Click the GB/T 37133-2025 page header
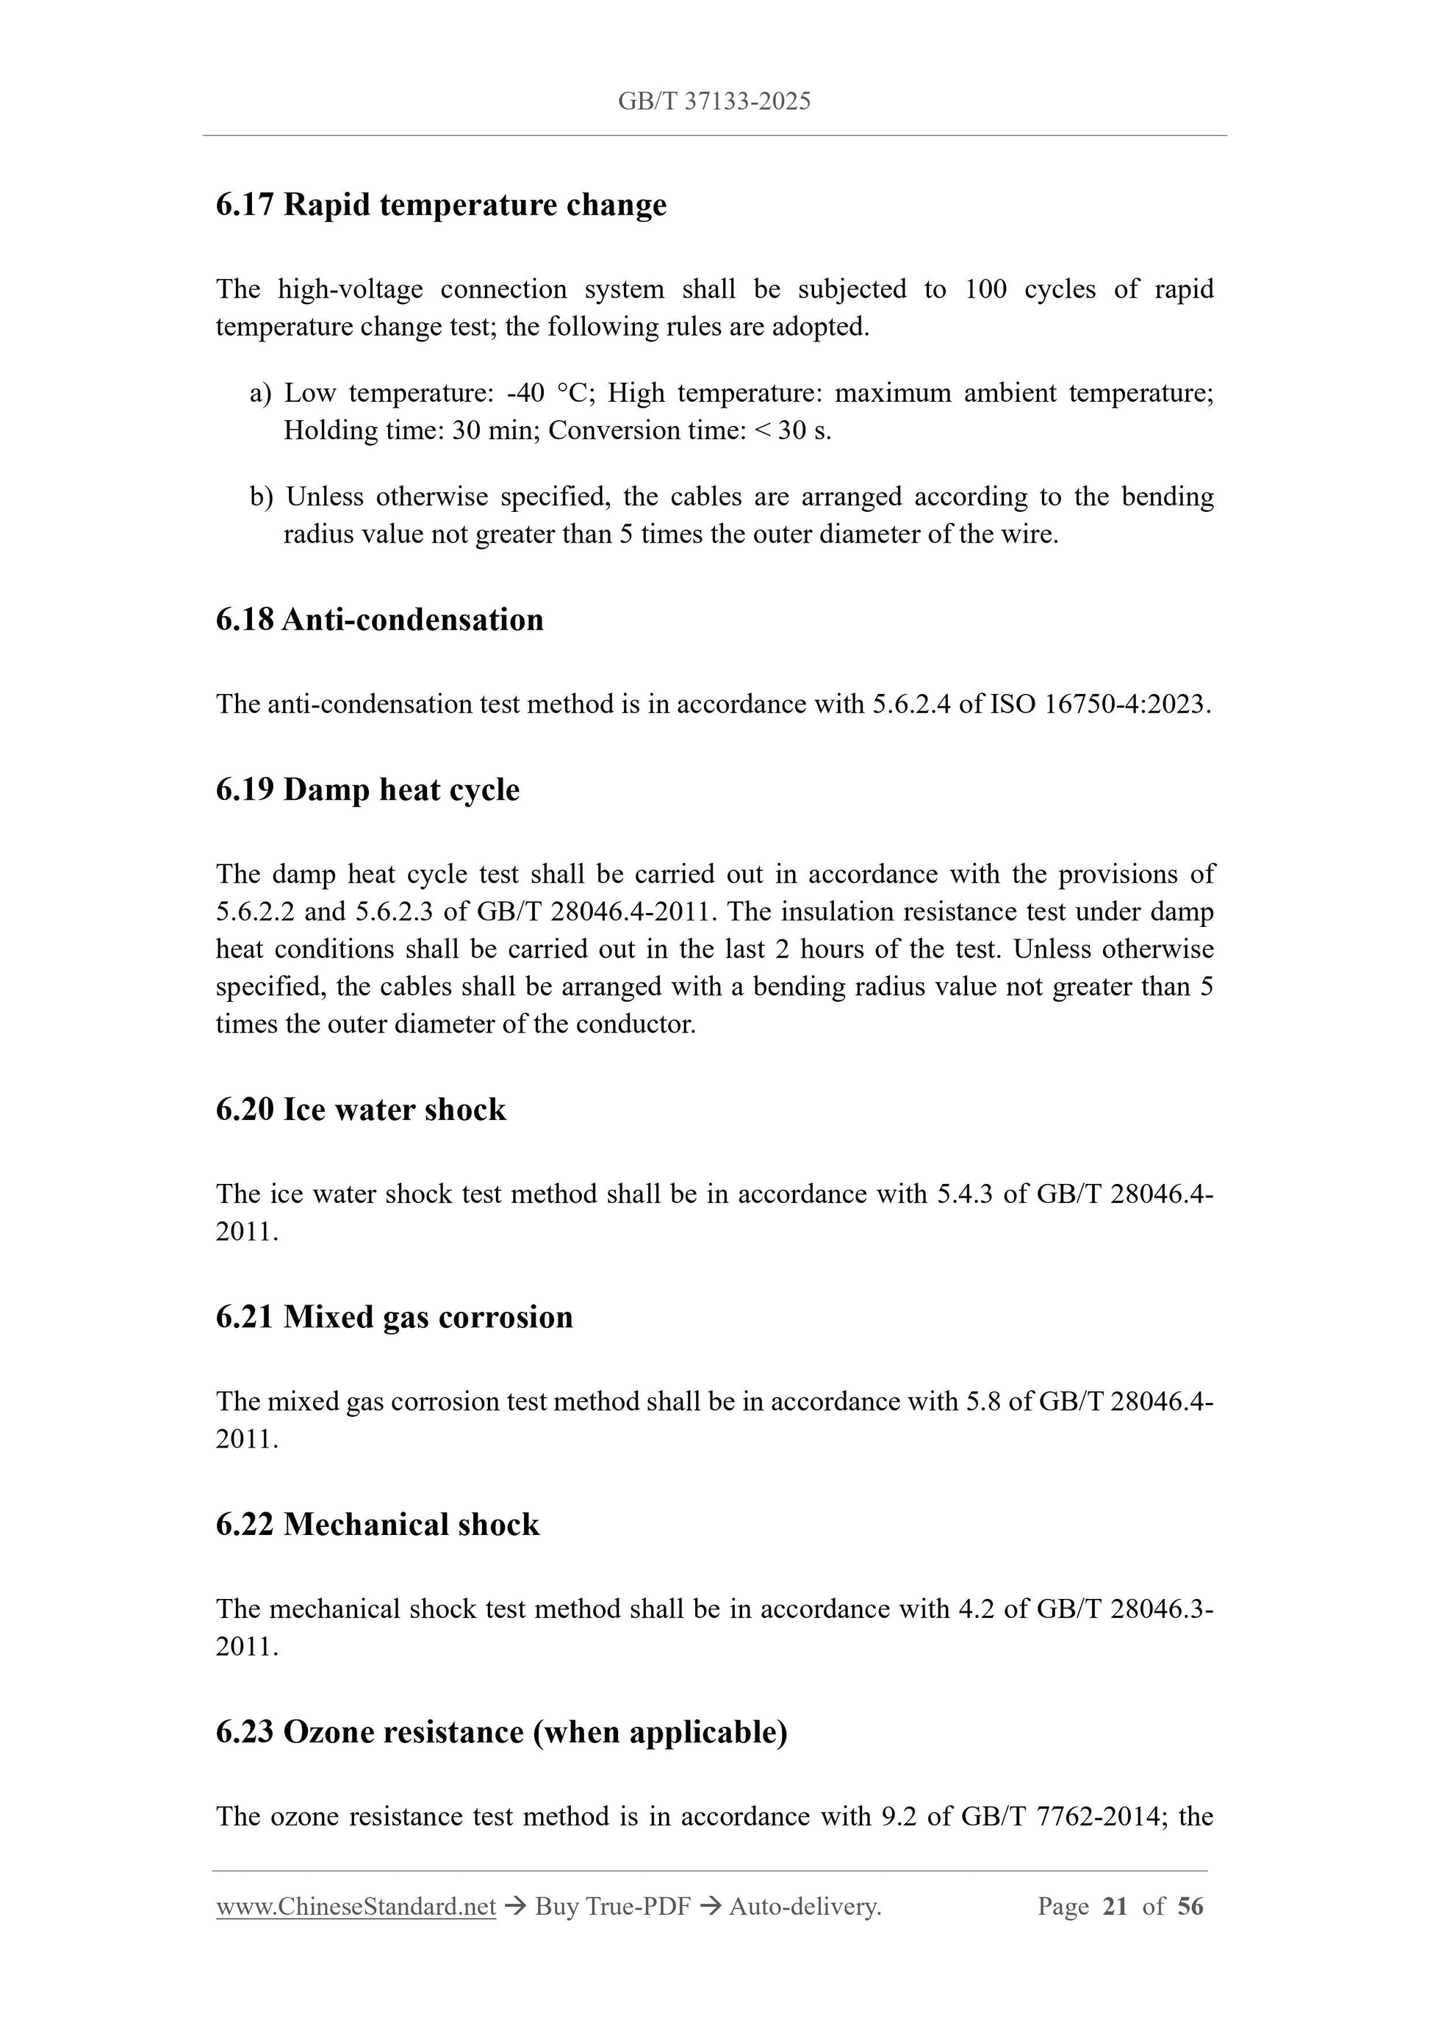click(x=714, y=101)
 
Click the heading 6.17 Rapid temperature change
click(x=441, y=204)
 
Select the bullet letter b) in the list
click(x=262, y=497)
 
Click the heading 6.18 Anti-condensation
click(x=379, y=619)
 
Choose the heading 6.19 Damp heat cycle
click(x=367, y=789)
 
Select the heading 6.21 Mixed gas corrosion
click(x=394, y=1317)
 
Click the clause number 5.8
click(x=983, y=1401)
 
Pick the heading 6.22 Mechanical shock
click(x=377, y=1525)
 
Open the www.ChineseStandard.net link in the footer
click(x=356, y=1907)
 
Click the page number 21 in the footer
click(x=1115, y=1907)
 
